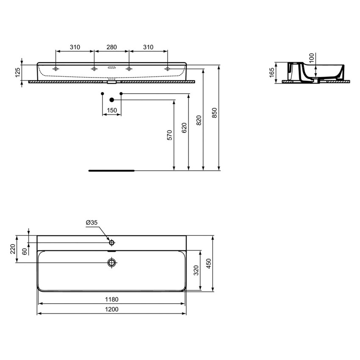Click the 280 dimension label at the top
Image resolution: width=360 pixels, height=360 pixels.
(111, 47)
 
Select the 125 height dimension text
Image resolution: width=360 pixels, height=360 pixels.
(18, 73)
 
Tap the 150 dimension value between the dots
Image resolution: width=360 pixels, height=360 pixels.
(111, 110)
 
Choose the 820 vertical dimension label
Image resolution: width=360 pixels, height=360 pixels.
(199, 121)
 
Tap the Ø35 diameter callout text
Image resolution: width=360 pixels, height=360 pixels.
(92, 222)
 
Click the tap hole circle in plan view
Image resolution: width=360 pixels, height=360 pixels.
(112, 243)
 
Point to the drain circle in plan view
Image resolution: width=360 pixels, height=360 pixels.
(112, 263)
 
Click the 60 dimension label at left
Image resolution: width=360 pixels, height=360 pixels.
(25, 250)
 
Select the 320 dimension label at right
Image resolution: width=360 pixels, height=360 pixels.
(195, 271)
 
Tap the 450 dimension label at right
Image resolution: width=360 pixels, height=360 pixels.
(208, 263)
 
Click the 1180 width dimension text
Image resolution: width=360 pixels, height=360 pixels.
(112, 299)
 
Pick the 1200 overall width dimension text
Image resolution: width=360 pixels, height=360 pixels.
(112, 309)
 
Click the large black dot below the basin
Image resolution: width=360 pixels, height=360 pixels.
(112, 100)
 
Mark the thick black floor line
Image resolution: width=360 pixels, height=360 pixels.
(111, 171)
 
